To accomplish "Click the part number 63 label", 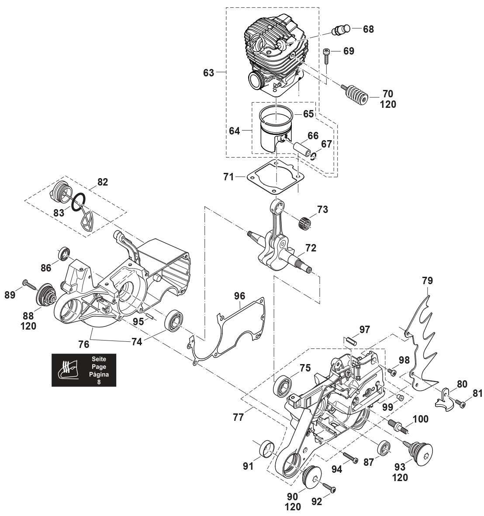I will [209, 72].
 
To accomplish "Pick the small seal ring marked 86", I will [65, 253].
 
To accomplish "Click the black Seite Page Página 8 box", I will [84, 369].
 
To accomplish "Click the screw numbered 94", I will [351, 458].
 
